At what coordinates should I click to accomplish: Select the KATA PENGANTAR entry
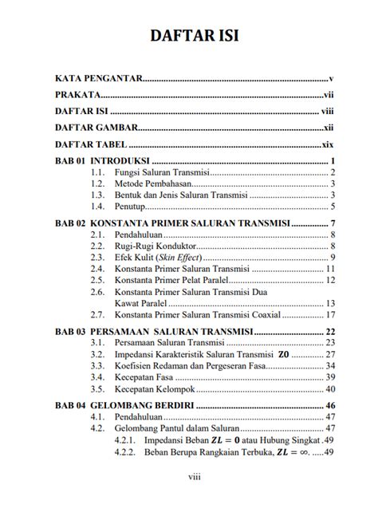click(98, 79)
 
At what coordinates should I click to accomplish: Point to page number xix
click(326, 144)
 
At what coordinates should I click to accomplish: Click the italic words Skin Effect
click(179, 258)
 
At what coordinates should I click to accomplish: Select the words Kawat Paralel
click(144, 302)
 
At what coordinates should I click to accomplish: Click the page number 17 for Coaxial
click(328, 314)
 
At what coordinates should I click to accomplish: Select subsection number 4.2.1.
click(124, 439)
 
